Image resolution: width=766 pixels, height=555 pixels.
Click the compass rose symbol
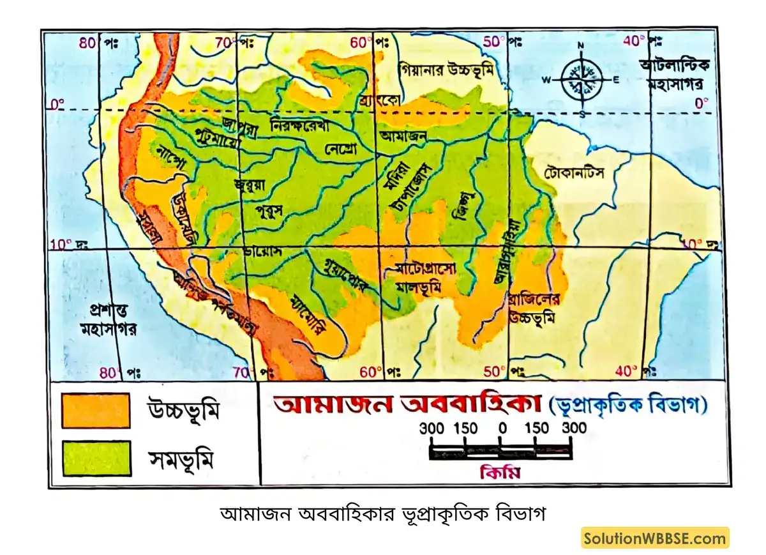point(581,80)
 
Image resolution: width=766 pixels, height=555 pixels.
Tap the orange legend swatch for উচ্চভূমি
point(96,410)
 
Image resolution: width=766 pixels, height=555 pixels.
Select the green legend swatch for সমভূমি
point(96,458)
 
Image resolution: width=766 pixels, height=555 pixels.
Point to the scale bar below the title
point(500,452)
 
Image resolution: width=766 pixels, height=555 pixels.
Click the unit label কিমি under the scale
point(500,474)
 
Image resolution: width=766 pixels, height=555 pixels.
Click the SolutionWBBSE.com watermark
point(655,538)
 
